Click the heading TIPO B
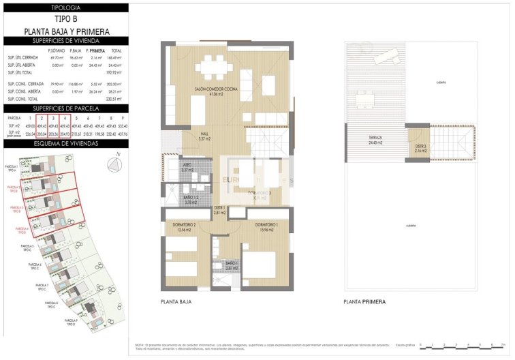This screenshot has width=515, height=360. coord(65,19)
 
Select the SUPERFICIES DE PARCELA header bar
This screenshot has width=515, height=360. coord(65,108)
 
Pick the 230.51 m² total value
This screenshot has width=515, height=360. coord(116,99)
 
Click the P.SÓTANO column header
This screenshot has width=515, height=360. coord(56,51)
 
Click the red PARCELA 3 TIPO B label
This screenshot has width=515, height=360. coord(16,209)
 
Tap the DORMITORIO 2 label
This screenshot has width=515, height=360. coord(185,226)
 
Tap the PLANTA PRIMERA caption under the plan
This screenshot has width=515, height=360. coord(364,301)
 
